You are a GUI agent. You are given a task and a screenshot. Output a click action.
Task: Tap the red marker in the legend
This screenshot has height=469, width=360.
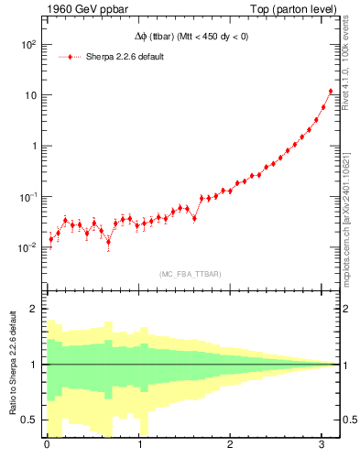click(71, 56)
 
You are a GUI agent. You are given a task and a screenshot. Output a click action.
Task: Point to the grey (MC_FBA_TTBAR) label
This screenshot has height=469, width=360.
click(190, 273)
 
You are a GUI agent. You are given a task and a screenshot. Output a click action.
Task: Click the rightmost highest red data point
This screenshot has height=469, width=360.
click(331, 92)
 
